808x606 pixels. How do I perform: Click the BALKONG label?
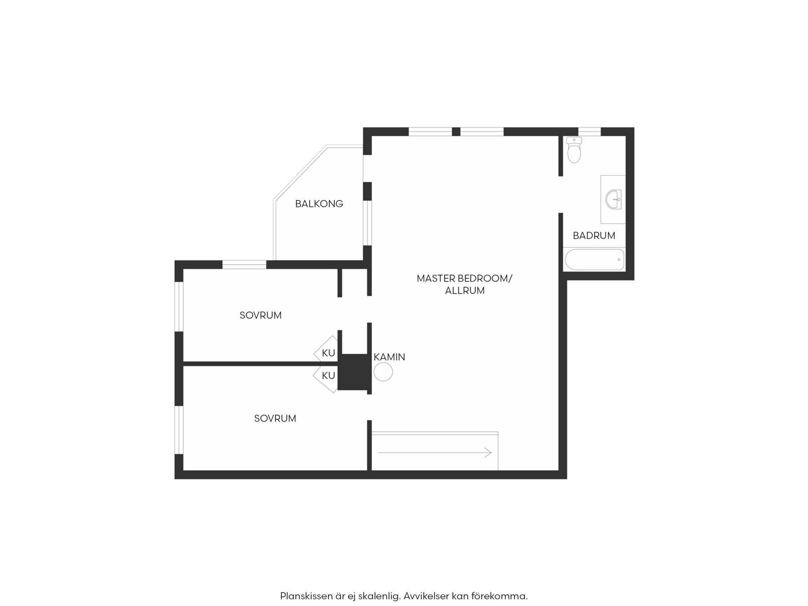tap(319, 204)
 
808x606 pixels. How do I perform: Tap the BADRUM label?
tap(594, 236)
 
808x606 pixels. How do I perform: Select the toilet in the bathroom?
tap(574, 150)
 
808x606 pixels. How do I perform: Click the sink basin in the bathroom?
tap(613, 199)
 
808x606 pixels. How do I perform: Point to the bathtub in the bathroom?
tap(594, 259)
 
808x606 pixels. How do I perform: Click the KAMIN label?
tap(389, 357)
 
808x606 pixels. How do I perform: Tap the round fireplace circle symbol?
tap(383, 372)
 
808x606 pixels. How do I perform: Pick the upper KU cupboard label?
tap(329, 353)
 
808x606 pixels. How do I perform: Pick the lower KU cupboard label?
tap(329, 375)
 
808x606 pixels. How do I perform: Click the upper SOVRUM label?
tap(260, 316)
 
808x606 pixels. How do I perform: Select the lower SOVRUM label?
tap(275, 419)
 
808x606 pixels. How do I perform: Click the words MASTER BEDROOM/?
tap(465, 278)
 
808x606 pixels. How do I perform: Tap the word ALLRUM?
tap(465, 291)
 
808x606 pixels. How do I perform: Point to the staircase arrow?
tap(435, 453)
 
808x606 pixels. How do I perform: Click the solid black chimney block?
tap(353, 372)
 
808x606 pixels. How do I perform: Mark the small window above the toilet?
tap(589, 132)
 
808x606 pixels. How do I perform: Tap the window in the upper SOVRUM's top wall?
tap(244, 265)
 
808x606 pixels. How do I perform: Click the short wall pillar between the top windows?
tap(456, 132)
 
